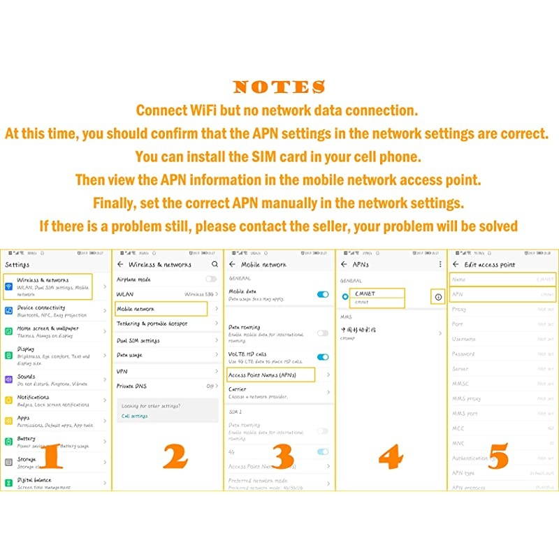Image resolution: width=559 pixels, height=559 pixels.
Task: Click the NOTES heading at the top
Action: pyautogui.click(x=279, y=87)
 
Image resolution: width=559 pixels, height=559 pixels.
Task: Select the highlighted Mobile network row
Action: pyautogui.click(x=161, y=309)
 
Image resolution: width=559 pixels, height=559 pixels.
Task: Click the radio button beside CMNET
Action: pyautogui.click(x=344, y=297)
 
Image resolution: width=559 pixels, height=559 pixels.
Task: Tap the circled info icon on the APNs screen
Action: pyautogui.click(x=438, y=297)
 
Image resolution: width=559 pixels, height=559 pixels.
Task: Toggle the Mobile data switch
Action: pyautogui.click(x=322, y=294)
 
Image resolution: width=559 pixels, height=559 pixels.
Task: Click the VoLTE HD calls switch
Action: pyautogui.click(x=322, y=357)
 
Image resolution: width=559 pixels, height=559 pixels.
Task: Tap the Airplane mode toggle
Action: pyautogui.click(x=210, y=279)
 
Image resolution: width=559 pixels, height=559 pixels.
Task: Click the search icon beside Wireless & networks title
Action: pyautogui.click(x=215, y=265)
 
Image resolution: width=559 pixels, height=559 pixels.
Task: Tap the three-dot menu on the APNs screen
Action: pyautogui.click(x=440, y=265)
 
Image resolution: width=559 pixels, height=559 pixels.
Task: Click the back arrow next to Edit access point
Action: pyautogui.click(x=456, y=265)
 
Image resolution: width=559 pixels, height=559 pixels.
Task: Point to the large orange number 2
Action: pyautogui.click(x=175, y=456)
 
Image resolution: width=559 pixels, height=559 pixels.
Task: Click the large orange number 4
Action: pyautogui.click(x=390, y=456)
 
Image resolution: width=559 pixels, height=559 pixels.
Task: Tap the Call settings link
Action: pyautogui.click(x=135, y=416)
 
